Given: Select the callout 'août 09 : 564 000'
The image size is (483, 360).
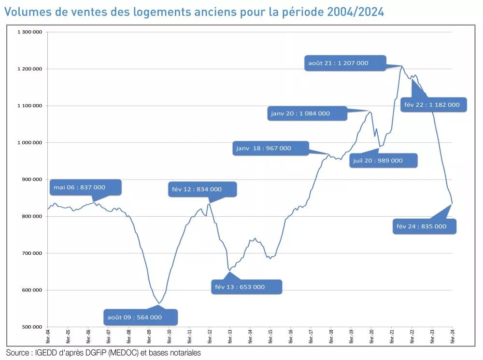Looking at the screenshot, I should click(x=140, y=317).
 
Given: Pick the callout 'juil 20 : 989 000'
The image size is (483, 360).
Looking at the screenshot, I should click(x=384, y=161).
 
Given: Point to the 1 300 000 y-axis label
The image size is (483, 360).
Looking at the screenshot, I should click(x=30, y=32).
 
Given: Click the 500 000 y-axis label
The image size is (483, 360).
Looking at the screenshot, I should click(x=32, y=327).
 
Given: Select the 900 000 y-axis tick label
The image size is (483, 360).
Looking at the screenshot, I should click(x=32, y=180).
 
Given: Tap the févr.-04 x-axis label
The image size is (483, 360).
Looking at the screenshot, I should click(x=47, y=336).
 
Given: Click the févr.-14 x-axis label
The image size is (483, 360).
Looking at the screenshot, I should click(x=250, y=336).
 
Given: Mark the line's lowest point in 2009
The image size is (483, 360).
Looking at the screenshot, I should click(x=159, y=304).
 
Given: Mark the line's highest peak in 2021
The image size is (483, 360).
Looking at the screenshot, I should click(x=401, y=66).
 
